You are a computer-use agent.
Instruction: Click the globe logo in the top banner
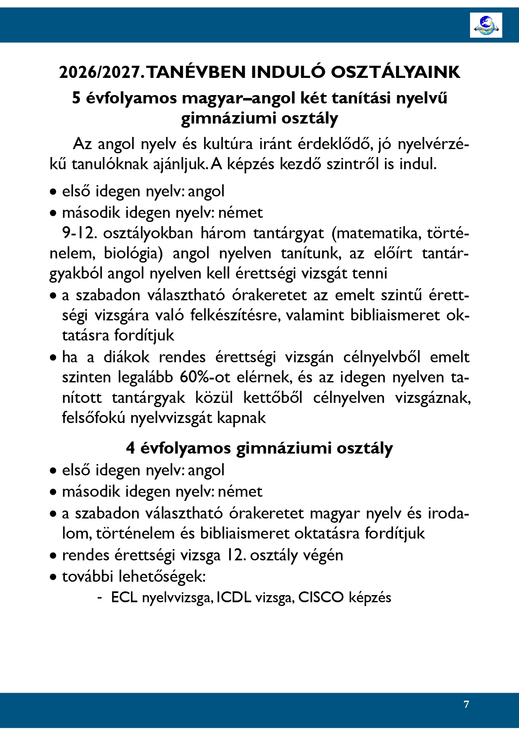pyautogui.click(x=486, y=25)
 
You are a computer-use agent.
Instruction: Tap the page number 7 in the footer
pyautogui.click(x=466, y=704)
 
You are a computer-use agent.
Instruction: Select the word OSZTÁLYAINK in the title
pyautogui.click(x=396, y=72)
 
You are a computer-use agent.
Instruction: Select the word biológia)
pyautogui.click(x=133, y=253)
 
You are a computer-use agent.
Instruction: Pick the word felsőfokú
pyautogui.click(x=93, y=418)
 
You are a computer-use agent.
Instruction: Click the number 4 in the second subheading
pyautogui.click(x=131, y=448)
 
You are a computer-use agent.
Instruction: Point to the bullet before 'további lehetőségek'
pyautogui.click(x=53, y=578)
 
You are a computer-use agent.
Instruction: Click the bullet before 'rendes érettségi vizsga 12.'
pyautogui.click(x=53, y=556)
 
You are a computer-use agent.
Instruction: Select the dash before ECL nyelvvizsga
pyautogui.click(x=100, y=598)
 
